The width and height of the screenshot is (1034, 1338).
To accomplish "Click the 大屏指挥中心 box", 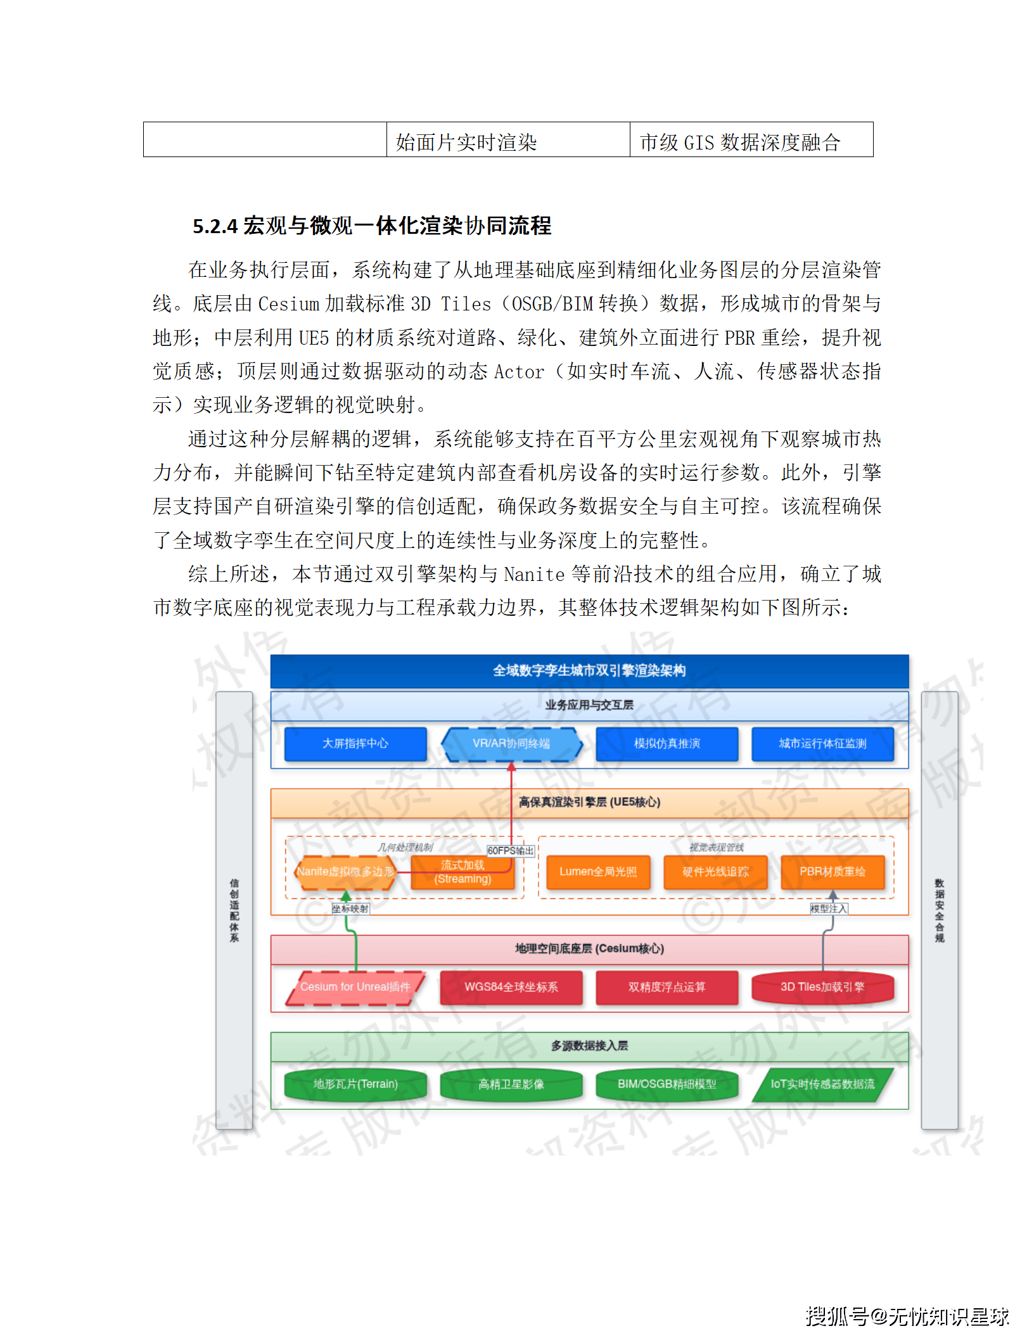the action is point(355,744).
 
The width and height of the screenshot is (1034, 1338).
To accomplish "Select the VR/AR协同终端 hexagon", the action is point(511,744).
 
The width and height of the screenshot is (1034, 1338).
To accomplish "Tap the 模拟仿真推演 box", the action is point(667,744).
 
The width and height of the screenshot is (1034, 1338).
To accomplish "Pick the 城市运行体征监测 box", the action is point(822,744).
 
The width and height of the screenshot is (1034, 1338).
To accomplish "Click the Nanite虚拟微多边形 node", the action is point(345,872).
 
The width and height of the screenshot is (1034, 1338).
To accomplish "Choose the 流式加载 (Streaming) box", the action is point(463,872).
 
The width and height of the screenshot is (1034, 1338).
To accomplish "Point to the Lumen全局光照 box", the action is point(597,872).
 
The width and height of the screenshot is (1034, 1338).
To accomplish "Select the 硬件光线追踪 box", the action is point(715,872).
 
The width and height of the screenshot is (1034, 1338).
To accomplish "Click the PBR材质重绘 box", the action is point(832,872).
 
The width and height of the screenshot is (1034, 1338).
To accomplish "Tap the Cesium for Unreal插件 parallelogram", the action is point(355,987).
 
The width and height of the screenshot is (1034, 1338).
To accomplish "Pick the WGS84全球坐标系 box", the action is point(511,987).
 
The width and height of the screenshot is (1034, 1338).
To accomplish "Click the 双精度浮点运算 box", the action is point(667,987).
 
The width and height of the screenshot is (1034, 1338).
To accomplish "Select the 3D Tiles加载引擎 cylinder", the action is point(822,987).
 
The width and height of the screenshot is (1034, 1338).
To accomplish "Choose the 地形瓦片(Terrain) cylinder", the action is point(355,1084).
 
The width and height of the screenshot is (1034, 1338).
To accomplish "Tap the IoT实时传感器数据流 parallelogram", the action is point(822,1084).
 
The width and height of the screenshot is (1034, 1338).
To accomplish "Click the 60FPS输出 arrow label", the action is point(511,851).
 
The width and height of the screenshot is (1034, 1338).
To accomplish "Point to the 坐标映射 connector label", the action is point(350,908).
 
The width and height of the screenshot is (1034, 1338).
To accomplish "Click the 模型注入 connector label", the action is point(828,908).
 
